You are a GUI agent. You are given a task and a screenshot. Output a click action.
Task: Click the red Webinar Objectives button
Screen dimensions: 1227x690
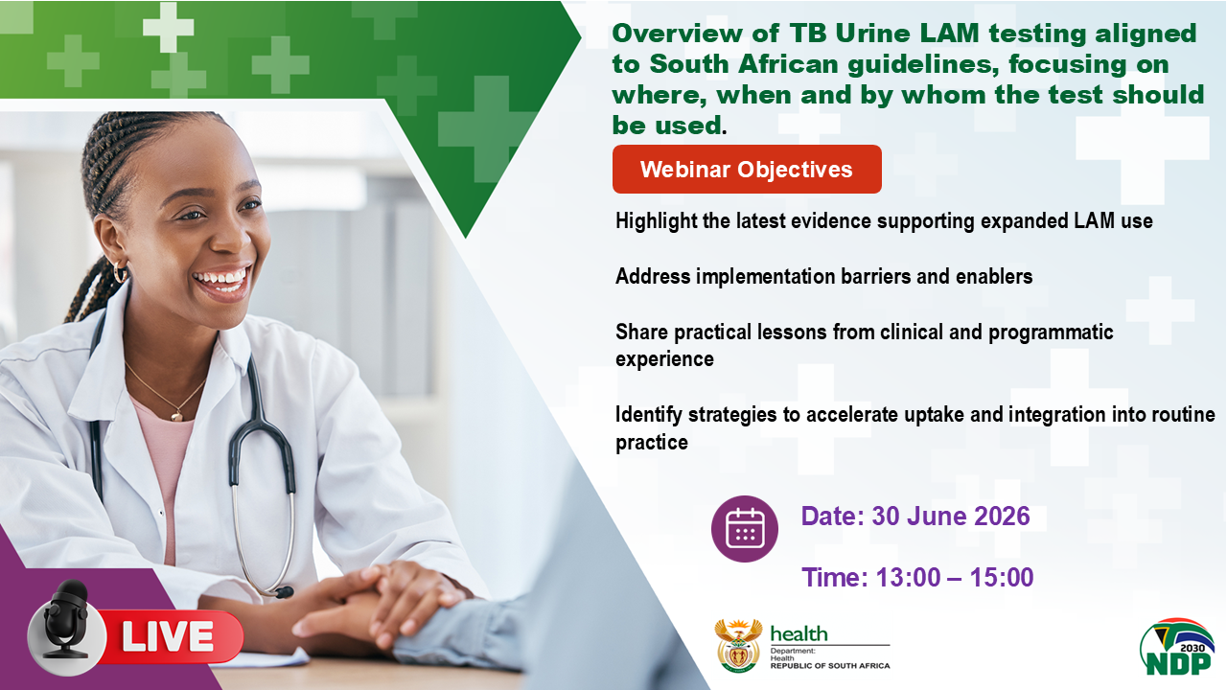coord(747,170)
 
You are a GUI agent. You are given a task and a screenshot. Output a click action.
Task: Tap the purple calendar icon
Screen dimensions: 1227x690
coord(745,528)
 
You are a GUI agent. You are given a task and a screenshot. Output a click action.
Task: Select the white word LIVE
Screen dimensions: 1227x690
coord(168,636)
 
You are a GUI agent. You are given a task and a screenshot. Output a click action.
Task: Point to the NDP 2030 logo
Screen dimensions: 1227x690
coord(1177,647)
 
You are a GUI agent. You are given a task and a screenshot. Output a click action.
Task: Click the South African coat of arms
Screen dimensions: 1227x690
coord(738,646)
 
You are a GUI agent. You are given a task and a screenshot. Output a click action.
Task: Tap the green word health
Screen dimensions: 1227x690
coord(799,633)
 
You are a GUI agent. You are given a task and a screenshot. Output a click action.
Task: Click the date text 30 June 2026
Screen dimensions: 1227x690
coord(950,517)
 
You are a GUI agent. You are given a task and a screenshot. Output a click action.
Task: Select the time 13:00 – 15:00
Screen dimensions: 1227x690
coord(954,577)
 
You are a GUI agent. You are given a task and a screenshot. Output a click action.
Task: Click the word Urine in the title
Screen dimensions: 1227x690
coord(872,34)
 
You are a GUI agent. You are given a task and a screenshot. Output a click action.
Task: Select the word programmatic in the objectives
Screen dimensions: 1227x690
coord(1051,333)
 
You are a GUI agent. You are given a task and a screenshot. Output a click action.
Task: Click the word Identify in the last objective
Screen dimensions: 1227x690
coord(649,415)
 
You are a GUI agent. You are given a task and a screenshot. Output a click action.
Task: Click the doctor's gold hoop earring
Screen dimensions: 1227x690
coord(120,271)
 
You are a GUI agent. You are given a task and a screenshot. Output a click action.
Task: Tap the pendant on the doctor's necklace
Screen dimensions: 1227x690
coord(177,416)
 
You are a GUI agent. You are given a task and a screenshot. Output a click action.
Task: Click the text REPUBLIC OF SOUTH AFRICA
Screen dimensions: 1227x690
coord(830,666)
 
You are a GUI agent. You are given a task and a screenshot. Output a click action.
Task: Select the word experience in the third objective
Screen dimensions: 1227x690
coord(664,359)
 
